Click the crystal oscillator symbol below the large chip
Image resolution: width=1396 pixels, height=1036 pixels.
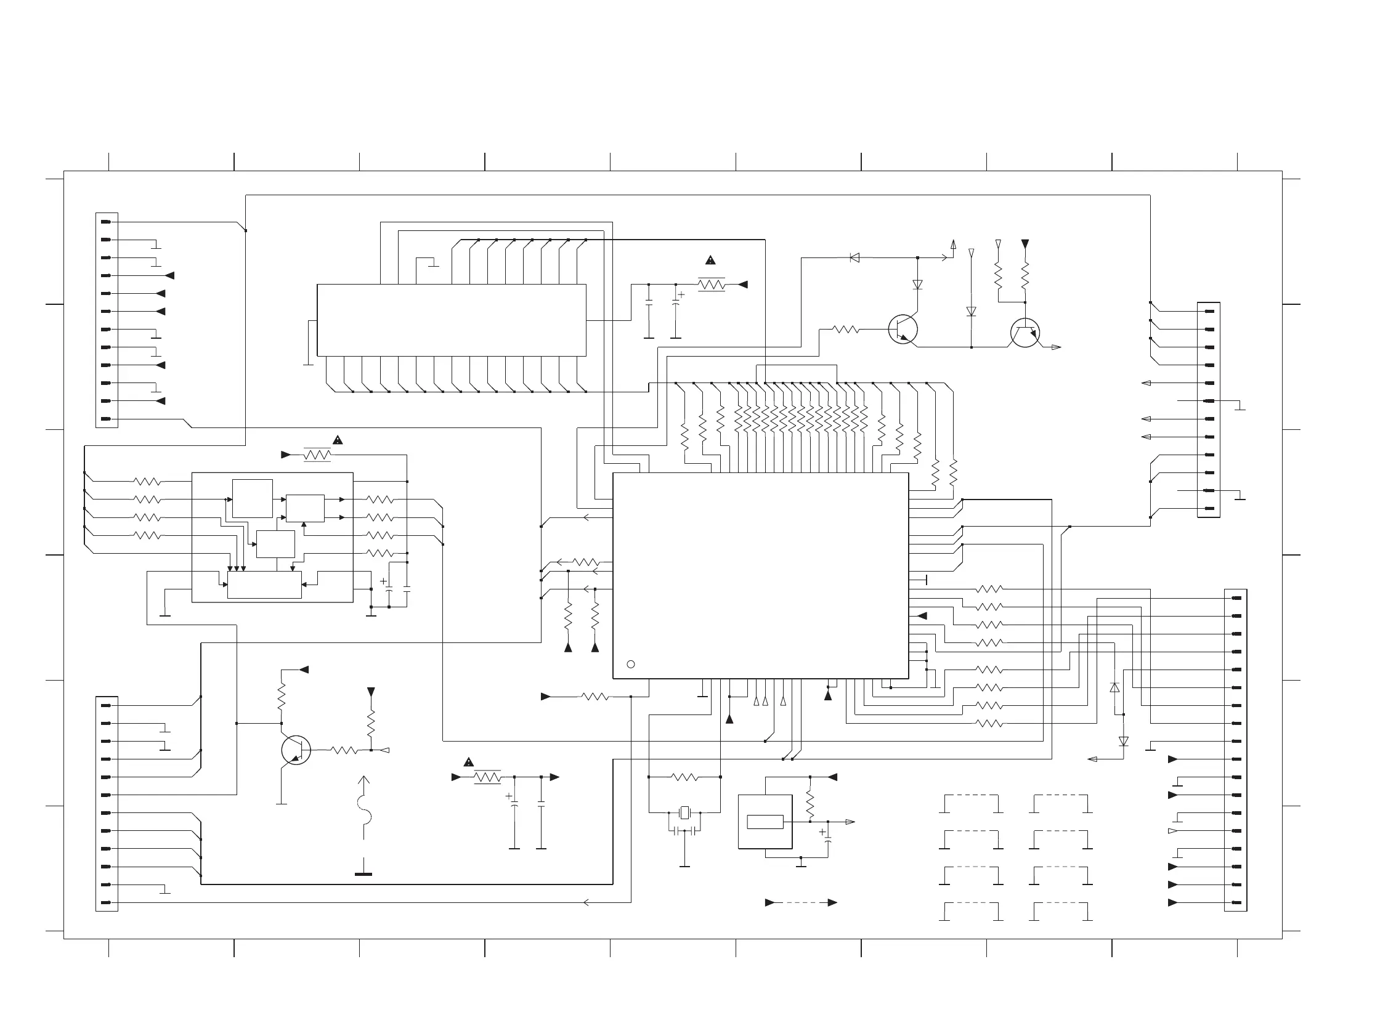tap(684, 814)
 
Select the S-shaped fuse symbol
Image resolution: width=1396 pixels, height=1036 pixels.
tap(363, 809)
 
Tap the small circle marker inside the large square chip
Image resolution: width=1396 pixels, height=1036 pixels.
tap(631, 664)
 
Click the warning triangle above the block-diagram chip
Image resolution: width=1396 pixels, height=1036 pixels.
tap(338, 440)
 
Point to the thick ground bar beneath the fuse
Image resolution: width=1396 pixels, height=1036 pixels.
tap(363, 873)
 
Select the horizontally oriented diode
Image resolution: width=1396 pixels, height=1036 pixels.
tap(854, 257)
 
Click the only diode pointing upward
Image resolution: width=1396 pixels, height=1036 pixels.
tap(1114, 688)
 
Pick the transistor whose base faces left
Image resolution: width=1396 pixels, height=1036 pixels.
tap(903, 330)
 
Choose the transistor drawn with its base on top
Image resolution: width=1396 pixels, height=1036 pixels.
tap(1025, 333)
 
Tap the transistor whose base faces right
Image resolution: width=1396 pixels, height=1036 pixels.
tap(296, 750)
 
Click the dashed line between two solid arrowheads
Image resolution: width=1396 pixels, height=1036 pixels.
tap(801, 902)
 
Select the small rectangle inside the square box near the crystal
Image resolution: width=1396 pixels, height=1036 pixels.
tap(765, 822)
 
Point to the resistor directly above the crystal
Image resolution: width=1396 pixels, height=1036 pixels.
tap(684, 777)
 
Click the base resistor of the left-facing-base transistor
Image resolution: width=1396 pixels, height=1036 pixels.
tap(845, 330)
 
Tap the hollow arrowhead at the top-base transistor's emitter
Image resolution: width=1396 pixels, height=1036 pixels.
tap(1056, 347)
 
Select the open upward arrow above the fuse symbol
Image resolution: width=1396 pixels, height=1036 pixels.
tap(363, 781)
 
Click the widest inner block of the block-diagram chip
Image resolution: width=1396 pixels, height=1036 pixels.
tap(264, 585)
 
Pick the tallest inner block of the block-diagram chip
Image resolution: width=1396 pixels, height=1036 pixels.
tap(252, 498)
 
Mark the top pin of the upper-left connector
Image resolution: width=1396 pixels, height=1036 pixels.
tap(106, 222)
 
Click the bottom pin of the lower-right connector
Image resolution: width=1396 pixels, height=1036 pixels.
tap(1236, 902)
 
